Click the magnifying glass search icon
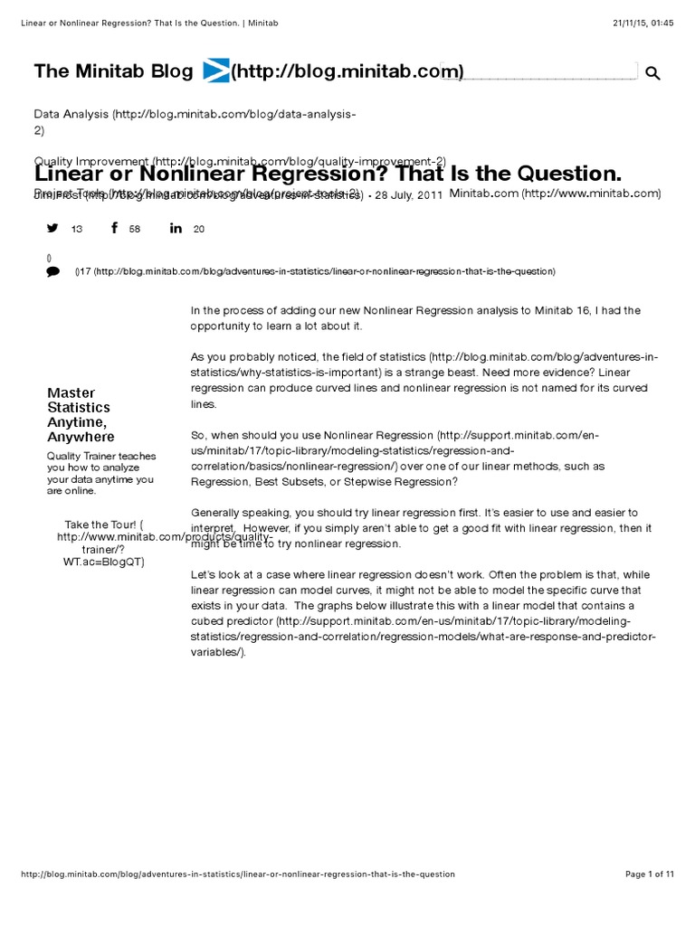point(652,73)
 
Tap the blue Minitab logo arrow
point(216,71)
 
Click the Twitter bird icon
point(52,228)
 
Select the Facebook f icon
point(114,228)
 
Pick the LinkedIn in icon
point(176,228)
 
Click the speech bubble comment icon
point(52,271)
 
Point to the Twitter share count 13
point(76,230)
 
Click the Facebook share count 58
point(135,230)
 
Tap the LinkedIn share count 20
point(199,230)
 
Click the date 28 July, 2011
point(409,195)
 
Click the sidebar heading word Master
point(71,392)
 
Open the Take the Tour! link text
point(100,524)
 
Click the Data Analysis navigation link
point(71,115)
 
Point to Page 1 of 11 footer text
point(649,874)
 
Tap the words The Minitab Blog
point(113,71)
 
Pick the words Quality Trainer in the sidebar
point(81,456)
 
